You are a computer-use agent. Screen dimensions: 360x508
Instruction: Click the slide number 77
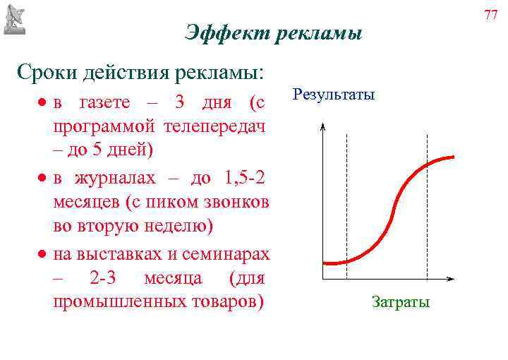tap(491, 13)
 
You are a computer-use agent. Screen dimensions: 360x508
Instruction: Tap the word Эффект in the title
tap(221, 33)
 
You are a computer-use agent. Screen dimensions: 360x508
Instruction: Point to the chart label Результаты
tap(334, 94)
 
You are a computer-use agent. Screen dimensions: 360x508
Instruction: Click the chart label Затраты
tap(400, 302)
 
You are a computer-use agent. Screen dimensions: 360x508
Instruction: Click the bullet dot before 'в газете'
tap(43, 103)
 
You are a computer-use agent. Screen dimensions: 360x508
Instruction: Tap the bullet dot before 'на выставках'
tap(43, 253)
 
